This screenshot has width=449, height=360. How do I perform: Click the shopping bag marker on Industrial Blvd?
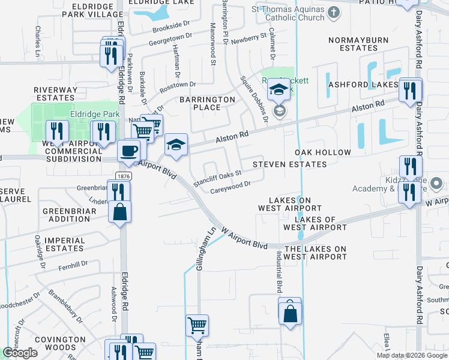click(x=290, y=312)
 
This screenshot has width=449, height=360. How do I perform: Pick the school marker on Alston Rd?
click(x=175, y=145)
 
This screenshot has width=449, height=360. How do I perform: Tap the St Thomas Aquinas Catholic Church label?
click(x=288, y=14)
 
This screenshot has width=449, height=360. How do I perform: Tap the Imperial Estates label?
click(x=64, y=244)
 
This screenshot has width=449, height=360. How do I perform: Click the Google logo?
click(x=20, y=353)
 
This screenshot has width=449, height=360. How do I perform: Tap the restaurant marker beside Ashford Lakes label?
click(x=410, y=90)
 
